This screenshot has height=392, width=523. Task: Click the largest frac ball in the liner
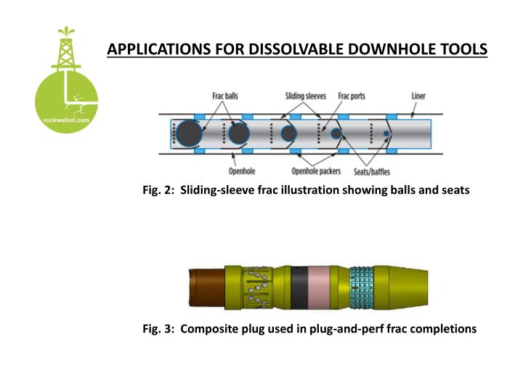coord(189,134)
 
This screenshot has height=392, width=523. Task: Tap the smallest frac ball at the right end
coord(385,134)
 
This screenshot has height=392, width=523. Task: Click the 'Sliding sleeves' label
coord(306,96)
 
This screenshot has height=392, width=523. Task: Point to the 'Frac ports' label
coord(352,96)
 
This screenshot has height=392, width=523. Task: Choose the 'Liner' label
coord(418,96)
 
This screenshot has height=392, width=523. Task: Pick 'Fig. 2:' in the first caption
coord(158,190)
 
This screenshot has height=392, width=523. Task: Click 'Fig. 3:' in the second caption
coord(158,328)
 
